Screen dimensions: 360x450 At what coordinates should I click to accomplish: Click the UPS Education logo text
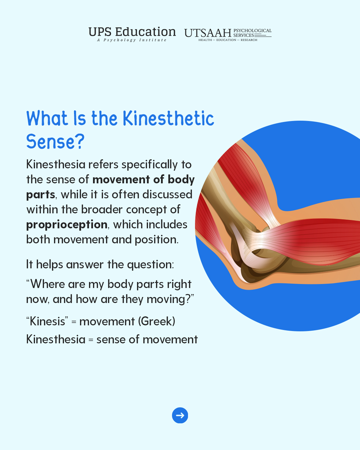point(132,32)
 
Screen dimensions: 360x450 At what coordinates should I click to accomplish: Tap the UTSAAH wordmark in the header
point(208,33)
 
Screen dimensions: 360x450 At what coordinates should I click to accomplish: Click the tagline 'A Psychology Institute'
point(132,40)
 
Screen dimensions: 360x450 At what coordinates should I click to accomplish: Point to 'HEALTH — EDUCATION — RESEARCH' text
point(228,40)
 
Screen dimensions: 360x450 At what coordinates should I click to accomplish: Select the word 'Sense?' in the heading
point(55,142)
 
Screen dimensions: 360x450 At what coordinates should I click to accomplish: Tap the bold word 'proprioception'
point(67,225)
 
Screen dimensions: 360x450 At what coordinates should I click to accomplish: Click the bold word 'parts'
point(41,195)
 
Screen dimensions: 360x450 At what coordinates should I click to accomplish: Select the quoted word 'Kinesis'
point(47,321)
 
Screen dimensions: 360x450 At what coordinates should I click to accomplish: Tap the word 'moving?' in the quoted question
point(170,299)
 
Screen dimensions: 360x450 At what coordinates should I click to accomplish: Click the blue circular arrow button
point(180,415)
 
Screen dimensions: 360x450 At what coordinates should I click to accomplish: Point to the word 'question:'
point(150,265)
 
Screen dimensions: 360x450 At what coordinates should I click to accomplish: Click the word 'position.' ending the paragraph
point(156,240)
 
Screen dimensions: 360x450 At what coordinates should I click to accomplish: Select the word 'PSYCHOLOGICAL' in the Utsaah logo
point(252,31)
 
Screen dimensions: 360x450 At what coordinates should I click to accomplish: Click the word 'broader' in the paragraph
point(102,210)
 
